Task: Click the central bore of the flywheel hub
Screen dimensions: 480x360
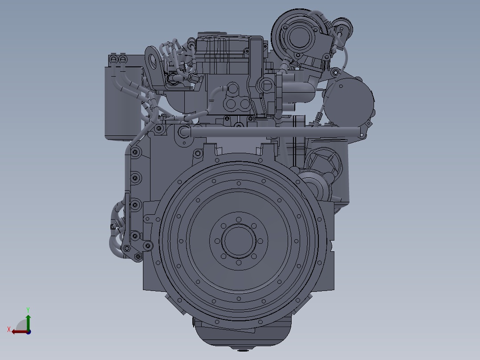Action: pos(239,241)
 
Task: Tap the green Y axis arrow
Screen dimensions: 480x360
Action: pos(28,322)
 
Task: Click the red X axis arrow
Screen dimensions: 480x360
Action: pos(20,331)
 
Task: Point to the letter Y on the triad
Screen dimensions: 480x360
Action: pos(28,310)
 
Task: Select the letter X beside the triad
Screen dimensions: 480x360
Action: pos(9,329)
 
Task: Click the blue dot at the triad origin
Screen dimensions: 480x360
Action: pos(28,332)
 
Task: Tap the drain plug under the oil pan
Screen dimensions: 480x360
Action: pos(242,349)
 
